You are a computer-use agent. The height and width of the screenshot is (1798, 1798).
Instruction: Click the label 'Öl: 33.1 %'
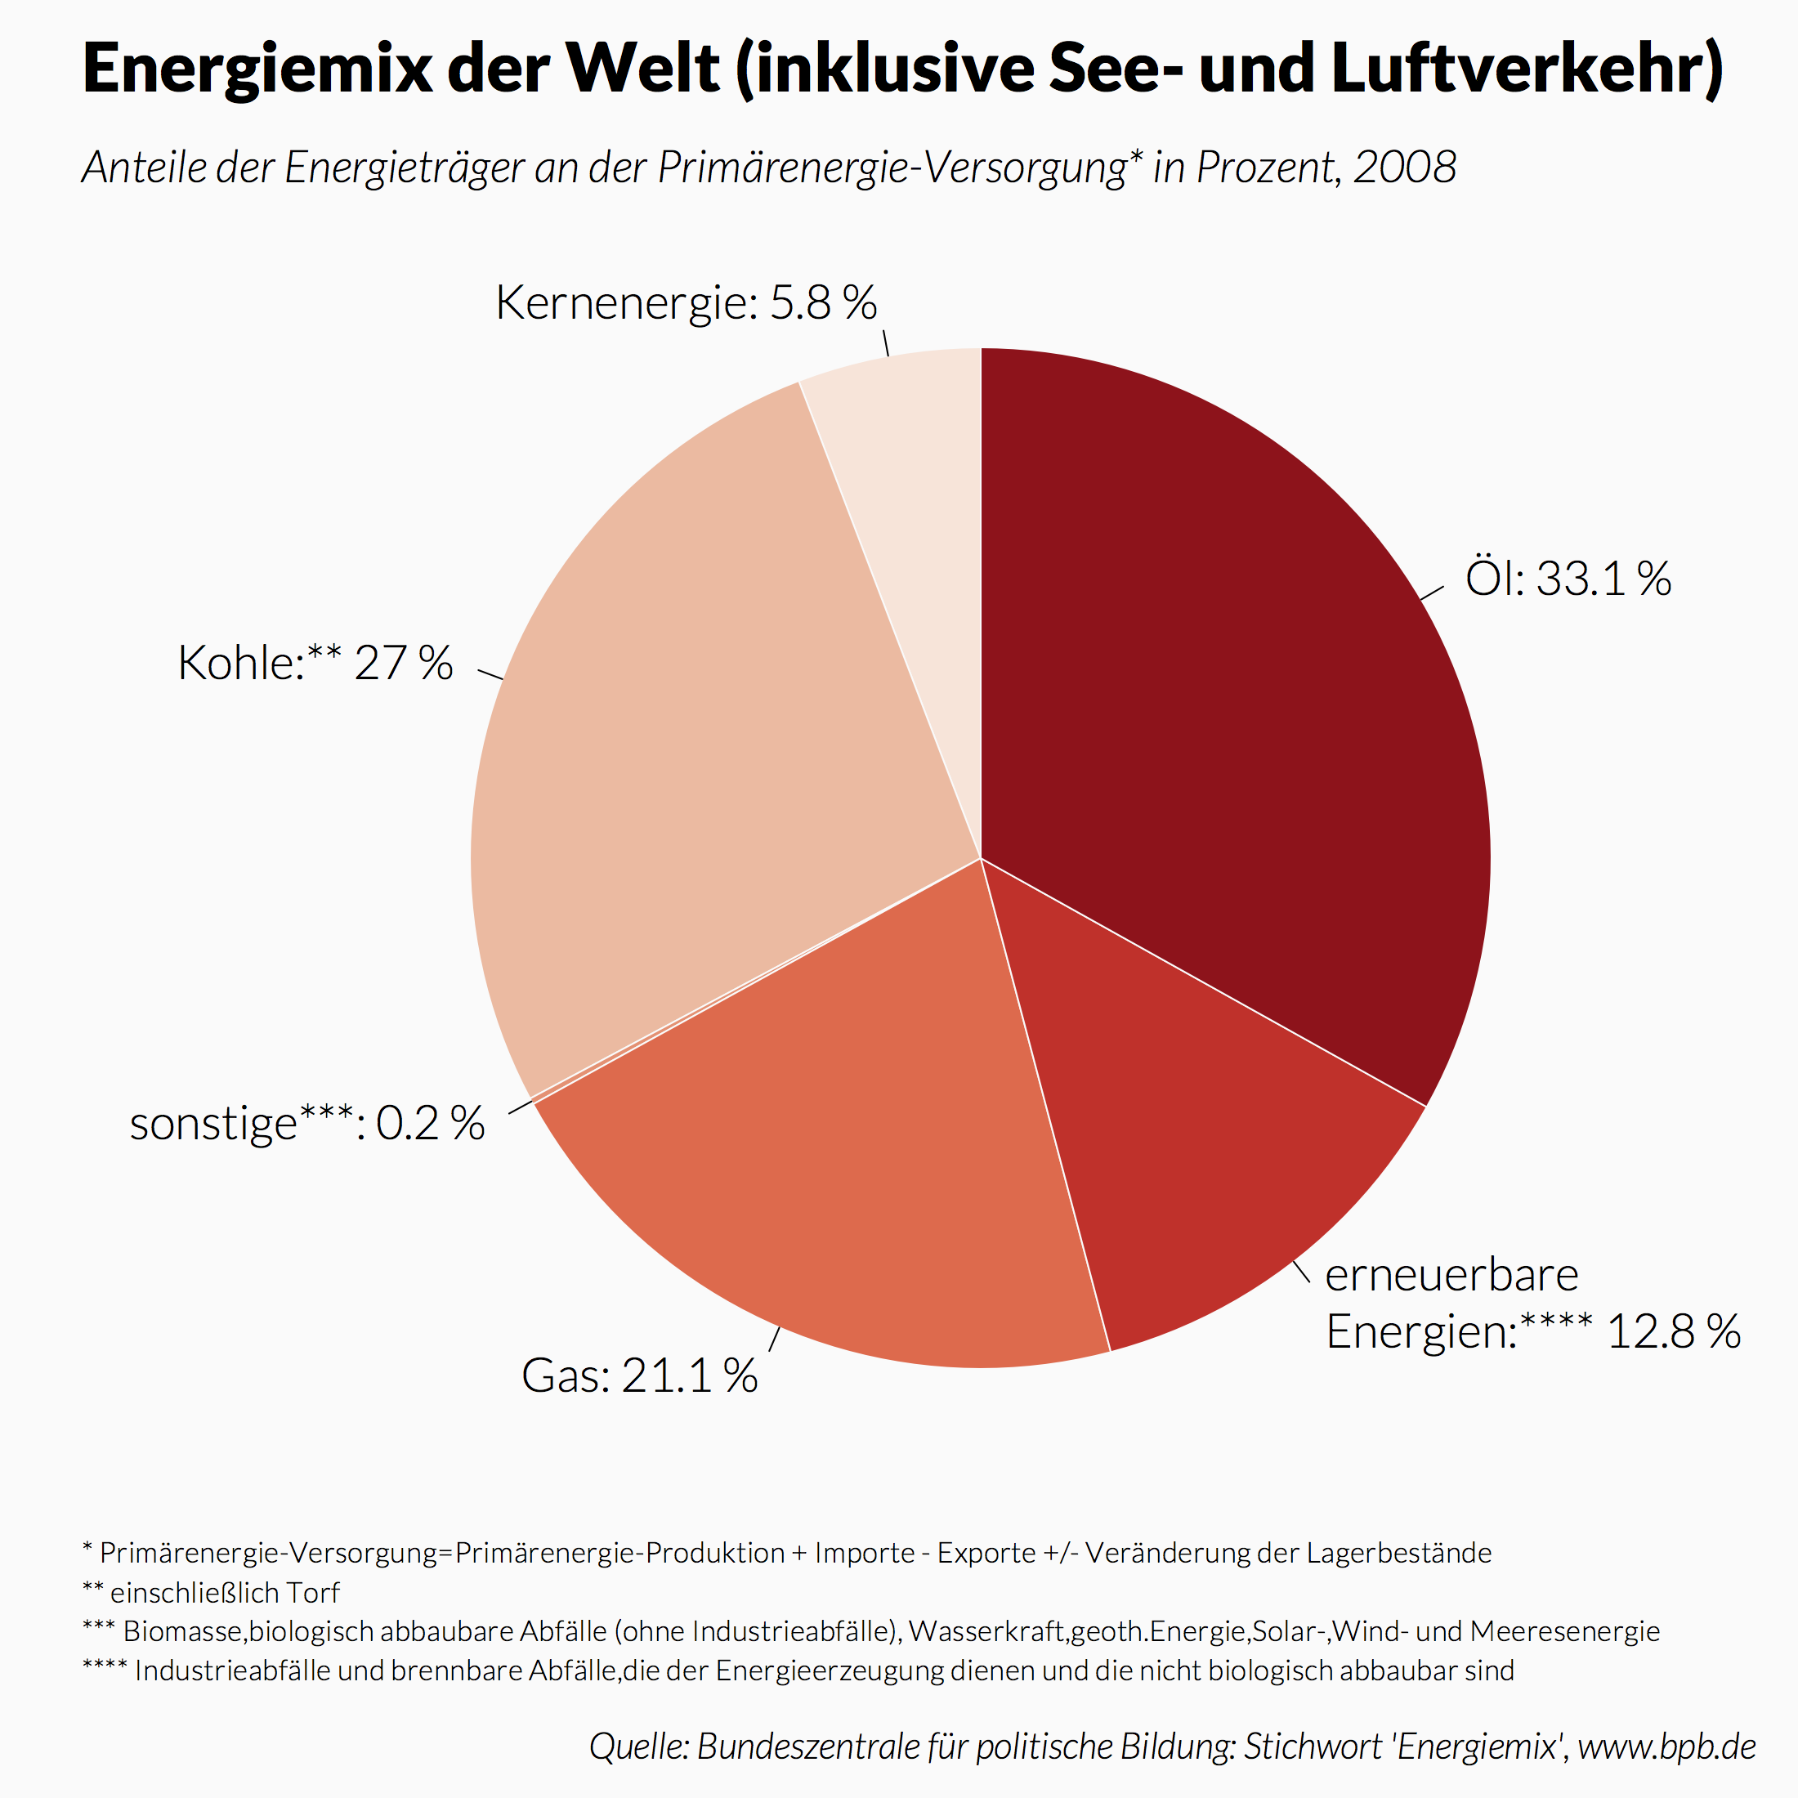click(x=1568, y=579)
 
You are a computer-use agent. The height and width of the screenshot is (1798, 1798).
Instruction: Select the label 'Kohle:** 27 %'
click(x=315, y=664)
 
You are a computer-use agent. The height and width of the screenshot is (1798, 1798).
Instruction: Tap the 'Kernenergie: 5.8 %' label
click(x=686, y=302)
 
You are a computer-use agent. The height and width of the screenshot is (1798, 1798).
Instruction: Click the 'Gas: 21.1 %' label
click(x=639, y=1375)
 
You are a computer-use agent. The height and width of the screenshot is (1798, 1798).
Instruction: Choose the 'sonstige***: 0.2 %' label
click(x=307, y=1123)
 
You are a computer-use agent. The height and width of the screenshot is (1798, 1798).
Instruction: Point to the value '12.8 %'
click(x=1673, y=1332)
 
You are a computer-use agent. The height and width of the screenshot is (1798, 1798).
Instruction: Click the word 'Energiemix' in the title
click(x=257, y=69)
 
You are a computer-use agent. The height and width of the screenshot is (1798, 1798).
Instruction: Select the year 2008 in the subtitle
click(x=1404, y=168)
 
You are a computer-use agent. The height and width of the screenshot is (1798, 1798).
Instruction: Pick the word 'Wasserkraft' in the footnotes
click(x=988, y=1631)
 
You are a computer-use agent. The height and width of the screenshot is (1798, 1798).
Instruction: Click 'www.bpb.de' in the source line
click(x=1666, y=1747)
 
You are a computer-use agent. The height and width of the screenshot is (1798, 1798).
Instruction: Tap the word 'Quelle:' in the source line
click(x=638, y=1747)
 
